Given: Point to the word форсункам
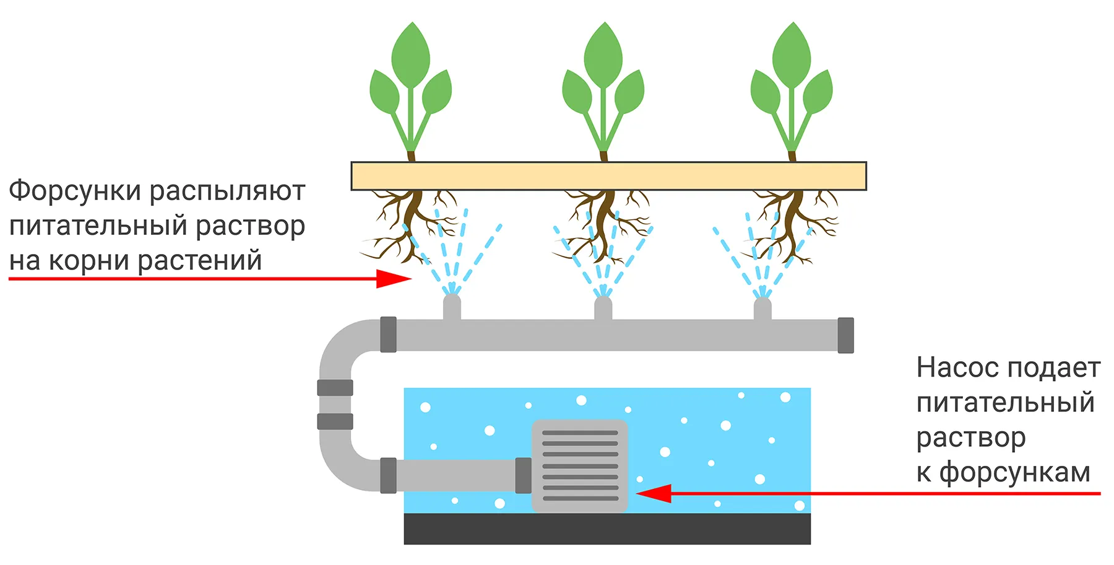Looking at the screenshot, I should (x=1015, y=473).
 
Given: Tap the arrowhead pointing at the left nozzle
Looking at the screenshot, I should (x=394, y=279).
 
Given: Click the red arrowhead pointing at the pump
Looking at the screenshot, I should (x=654, y=494).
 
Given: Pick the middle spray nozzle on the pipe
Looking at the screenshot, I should (x=603, y=308).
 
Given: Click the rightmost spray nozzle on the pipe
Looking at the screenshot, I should (x=762, y=308).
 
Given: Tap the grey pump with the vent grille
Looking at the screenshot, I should (x=580, y=466).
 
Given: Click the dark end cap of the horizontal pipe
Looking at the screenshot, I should (x=845, y=335).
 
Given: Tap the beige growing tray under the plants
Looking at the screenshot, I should (x=608, y=176).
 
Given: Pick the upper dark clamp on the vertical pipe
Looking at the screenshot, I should (x=335, y=388).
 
